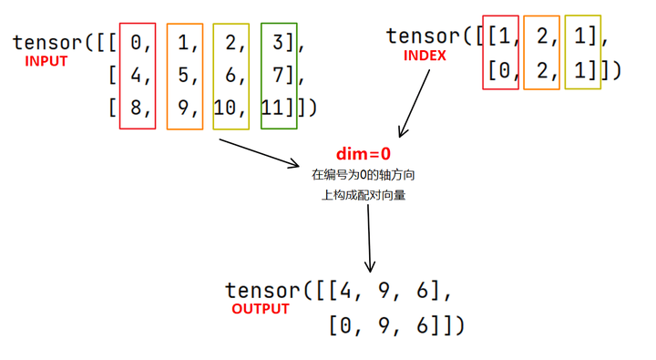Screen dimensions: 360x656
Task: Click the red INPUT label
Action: tap(46, 62)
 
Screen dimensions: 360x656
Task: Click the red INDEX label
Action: tap(425, 56)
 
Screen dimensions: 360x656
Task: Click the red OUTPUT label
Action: tap(260, 309)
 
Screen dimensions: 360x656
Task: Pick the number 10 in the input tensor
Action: tap(224, 108)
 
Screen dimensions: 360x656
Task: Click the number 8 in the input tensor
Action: tap(138, 108)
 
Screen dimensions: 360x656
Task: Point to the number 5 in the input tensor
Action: tap(185, 76)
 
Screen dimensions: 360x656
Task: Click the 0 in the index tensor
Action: tap(497, 70)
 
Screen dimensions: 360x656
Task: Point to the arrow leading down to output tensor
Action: tap(369, 237)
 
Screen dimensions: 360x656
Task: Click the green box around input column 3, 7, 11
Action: tap(278, 26)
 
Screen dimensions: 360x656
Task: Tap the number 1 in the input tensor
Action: tap(185, 43)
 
